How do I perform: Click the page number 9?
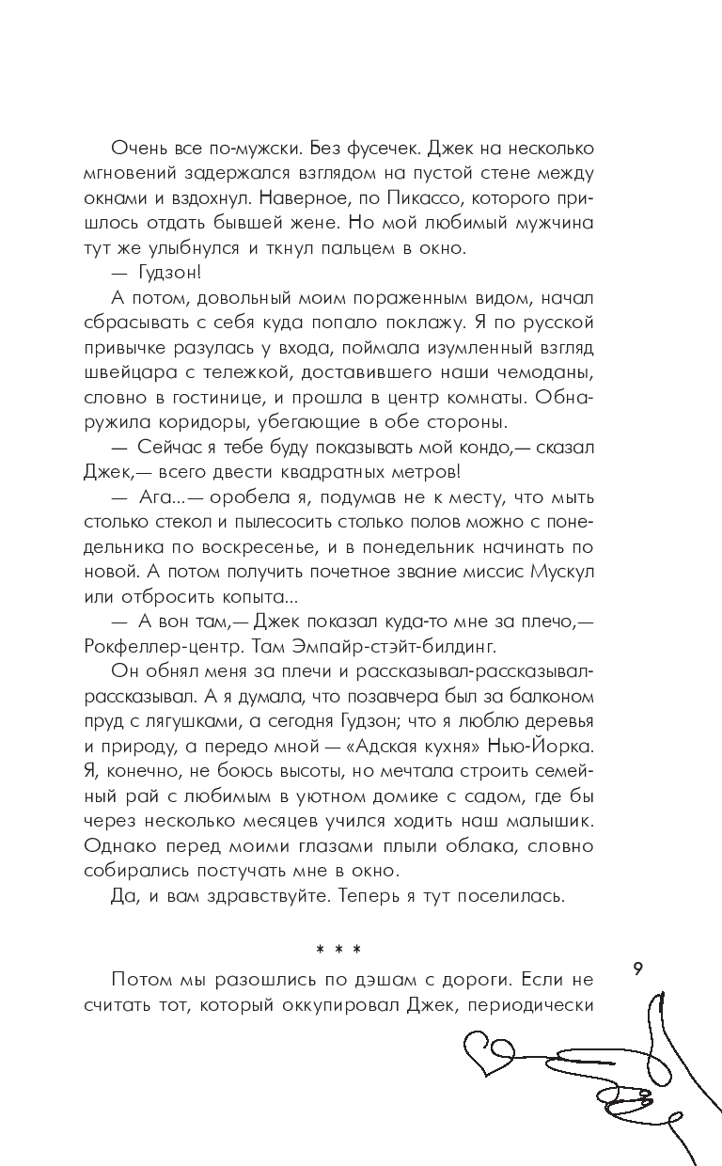coord(638,969)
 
